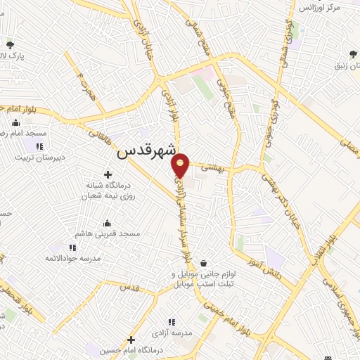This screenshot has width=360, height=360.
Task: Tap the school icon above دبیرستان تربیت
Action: [39, 146]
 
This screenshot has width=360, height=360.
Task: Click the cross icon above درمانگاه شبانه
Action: [107, 174]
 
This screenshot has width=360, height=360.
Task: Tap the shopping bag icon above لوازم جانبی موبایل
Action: [203, 263]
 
